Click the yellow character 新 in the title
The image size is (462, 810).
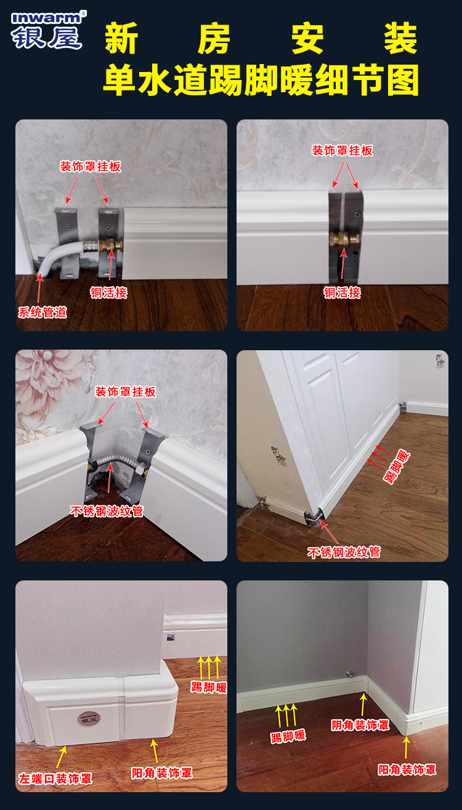tap(121, 38)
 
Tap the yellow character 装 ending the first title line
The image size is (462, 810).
tap(401, 38)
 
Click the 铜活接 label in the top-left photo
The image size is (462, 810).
tap(108, 292)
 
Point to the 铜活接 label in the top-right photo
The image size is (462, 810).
tap(342, 292)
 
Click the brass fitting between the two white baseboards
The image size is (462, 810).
tap(345, 240)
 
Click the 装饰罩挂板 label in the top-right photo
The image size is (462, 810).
tap(342, 150)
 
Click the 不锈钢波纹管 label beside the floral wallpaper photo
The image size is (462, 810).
tap(107, 511)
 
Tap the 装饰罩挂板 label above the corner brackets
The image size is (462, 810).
tap(125, 391)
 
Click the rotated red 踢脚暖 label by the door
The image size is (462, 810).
tap(397, 467)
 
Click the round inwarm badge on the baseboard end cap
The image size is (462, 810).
tap(89, 718)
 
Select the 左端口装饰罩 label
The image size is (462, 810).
tap(55, 779)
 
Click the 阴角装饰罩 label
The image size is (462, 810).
tap(360, 725)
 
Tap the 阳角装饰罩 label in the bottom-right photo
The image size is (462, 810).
tap(407, 770)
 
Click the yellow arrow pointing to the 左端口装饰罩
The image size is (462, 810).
tap(62, 756)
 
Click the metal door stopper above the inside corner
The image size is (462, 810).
tap(349, 674)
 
